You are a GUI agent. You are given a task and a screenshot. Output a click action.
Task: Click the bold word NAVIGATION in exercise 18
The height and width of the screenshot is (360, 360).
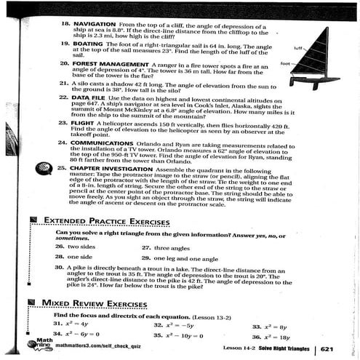click(x=91, y=24)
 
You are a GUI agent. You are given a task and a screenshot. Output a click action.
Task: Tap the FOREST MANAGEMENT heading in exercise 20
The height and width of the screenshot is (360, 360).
click(x=108, y=65)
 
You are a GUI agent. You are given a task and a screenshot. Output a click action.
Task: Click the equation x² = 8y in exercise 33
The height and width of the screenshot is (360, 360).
click(x=277, y=327)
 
